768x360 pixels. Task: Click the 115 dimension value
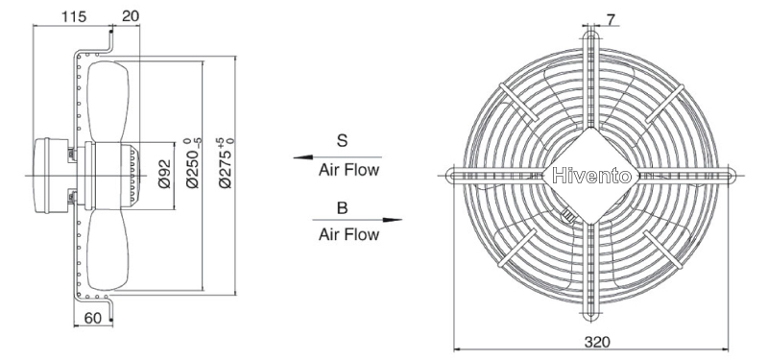pyautogui.click(x=74, y=16)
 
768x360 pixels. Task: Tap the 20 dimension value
pyautogui.click(x=131, y=16)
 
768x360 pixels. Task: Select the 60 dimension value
pyautogui.click(x=92, y=318)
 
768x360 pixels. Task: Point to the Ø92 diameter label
pyautogui.click(x=164, y=174)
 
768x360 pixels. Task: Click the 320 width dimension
pyautogui.click(x=597, y=342)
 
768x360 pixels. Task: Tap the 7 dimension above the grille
pyautogui.click(x=611, y=19)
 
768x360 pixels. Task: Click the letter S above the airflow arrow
pyautogui.click(x=342, y=140)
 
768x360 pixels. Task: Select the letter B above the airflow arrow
pyautogui.click(x=343, y=207)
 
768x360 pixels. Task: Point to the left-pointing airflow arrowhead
pyautogui.click(x=302, y=157)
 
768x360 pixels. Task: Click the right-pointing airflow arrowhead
pyautogui.click(x=393, y=220)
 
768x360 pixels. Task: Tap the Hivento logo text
pyautogui.click(x=591, y=176)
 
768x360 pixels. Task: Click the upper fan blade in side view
pyautogui.click(x=108, y=102)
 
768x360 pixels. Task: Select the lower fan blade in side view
pyautogui.click(x=108, y=251)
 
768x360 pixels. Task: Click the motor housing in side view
pyautogui.click(x=50, y=176)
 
